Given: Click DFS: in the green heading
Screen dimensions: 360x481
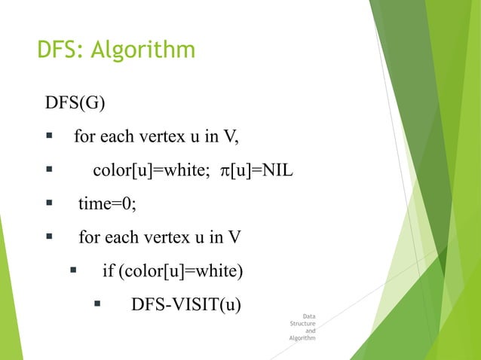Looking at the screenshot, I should (61, 50).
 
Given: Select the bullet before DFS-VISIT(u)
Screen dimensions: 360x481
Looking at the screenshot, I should (97, 305).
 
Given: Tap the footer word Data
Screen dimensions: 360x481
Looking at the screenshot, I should (309, 316).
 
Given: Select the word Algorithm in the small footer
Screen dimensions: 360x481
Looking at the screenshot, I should (302, 338).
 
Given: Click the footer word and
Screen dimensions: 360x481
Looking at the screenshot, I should (311, 331).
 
